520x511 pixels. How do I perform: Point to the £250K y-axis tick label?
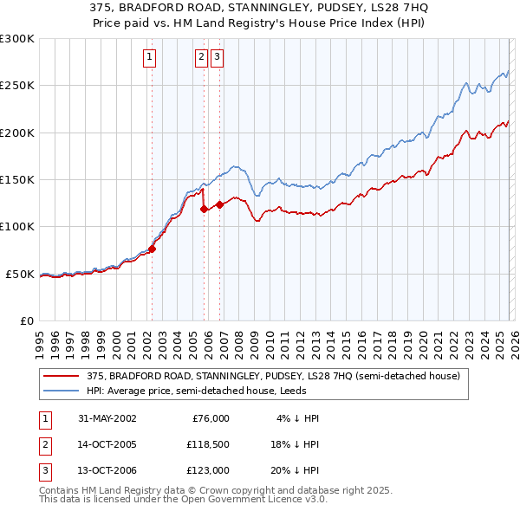(17, 86)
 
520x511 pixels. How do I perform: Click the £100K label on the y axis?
(17, 226)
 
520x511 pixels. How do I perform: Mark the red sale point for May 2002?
(152, 249)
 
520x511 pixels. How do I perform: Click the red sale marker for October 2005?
(204, 209)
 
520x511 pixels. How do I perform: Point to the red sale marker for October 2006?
(219, 204)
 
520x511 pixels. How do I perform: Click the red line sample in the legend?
(61, 376)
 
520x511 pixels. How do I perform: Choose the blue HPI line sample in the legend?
(61, 391)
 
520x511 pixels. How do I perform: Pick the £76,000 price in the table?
(211, 418)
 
